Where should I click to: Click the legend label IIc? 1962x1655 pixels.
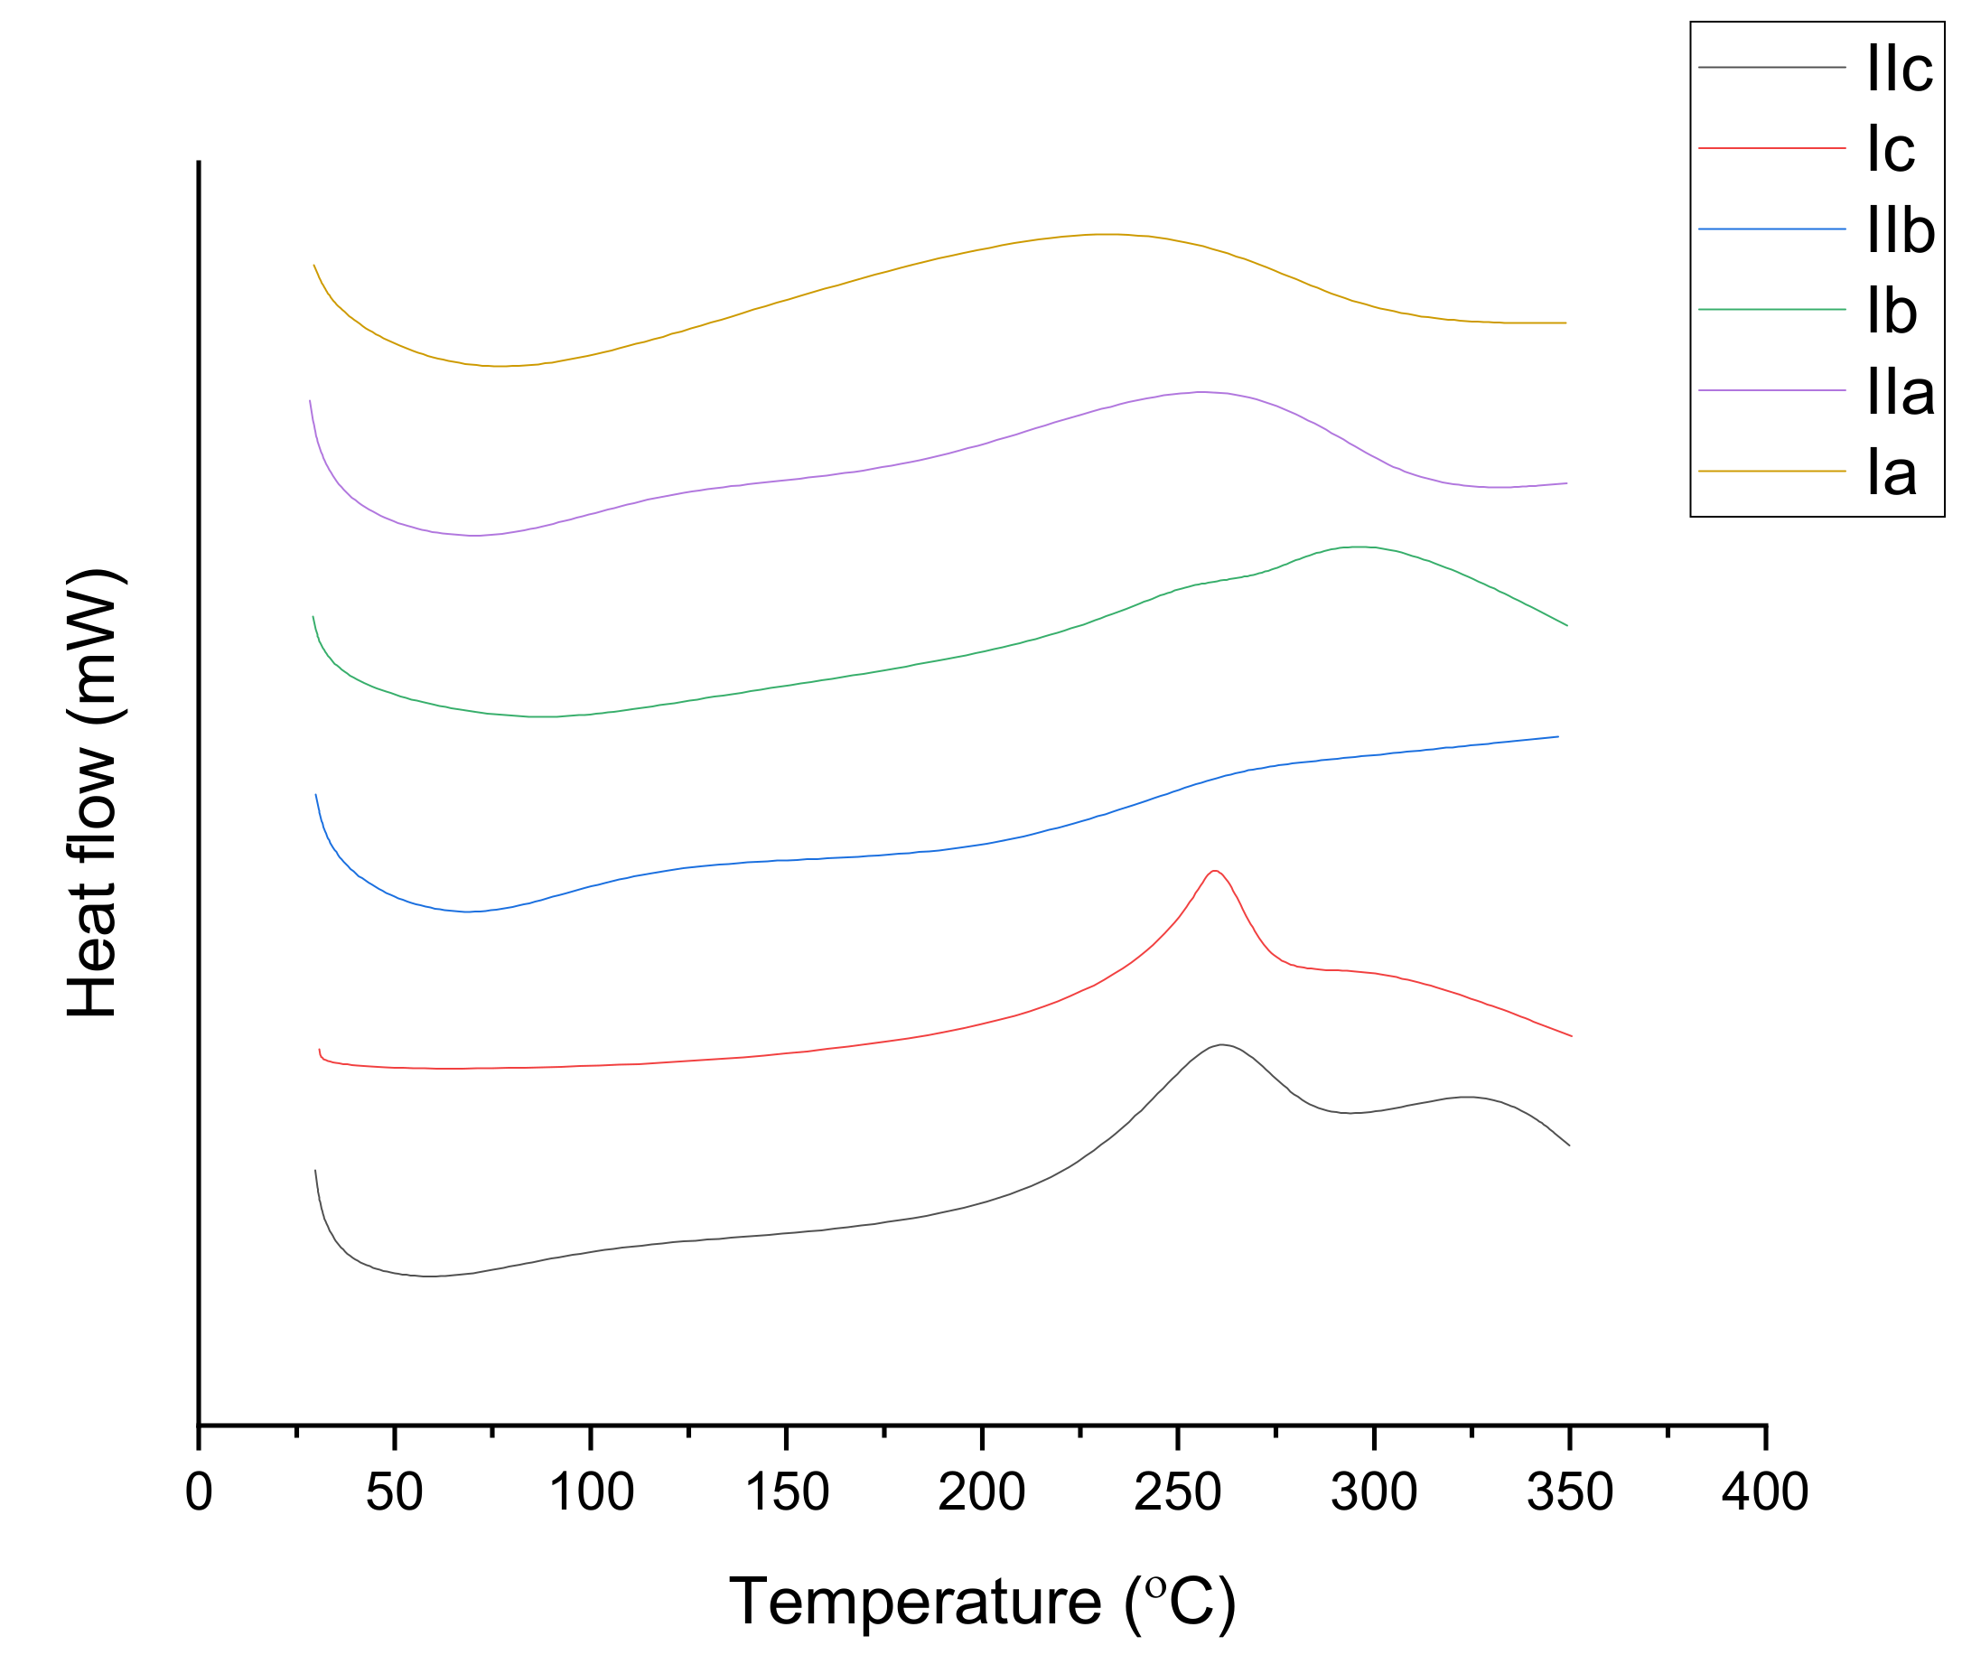1899,69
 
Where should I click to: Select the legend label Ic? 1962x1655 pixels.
1890,149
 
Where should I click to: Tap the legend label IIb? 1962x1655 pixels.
1900,230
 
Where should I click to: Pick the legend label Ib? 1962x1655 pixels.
1891,312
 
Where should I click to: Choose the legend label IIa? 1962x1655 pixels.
1900,392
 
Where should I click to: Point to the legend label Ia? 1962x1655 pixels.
1891,472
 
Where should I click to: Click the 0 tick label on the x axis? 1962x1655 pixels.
199,1491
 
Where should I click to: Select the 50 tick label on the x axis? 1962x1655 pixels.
394,1491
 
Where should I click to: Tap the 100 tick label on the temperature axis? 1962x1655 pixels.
591,1491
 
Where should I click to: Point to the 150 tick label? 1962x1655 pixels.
786,1491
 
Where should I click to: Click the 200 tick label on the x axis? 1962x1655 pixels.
982,1491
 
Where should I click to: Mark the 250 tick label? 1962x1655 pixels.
1178,1491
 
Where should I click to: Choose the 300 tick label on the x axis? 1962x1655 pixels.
1374,1491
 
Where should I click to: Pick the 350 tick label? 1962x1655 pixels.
1570,1491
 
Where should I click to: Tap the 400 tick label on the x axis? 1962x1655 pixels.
1765,1491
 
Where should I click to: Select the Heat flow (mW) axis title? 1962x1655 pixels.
93,794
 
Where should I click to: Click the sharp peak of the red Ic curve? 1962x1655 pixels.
1215,872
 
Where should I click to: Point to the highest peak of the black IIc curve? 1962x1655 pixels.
1220,1045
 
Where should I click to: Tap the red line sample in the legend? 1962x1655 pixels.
1771,148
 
